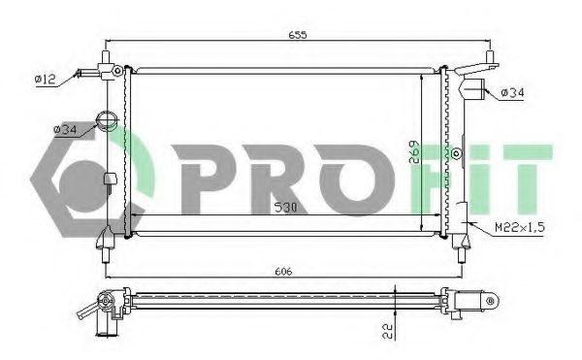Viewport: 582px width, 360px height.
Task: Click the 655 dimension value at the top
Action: pos(298,35)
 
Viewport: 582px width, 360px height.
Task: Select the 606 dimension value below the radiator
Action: pos(283,272)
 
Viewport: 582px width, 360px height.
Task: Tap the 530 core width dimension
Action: pos(286,208)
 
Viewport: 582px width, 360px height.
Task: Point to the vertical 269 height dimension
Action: pos(414,151)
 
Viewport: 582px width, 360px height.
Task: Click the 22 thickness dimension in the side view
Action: pos(387,331)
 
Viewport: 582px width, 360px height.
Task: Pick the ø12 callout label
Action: pos(45,79)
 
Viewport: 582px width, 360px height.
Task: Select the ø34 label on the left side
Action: pos(65,129)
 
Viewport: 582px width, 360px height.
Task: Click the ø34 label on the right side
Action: pos(512,92)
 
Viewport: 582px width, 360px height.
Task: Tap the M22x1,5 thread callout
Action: pos(520,227)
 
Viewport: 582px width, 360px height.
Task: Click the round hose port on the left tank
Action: pos(107,120)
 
